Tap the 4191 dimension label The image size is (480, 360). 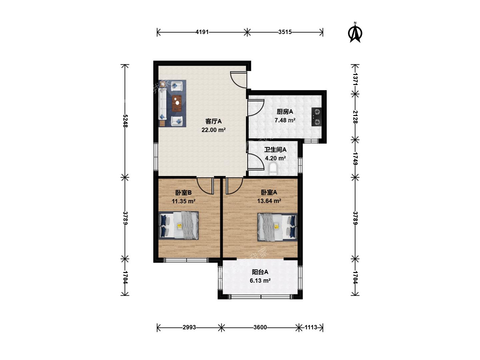pyautogui.click(x=202, y=32)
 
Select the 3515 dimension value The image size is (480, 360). pyautogui.click(x=285, y=32)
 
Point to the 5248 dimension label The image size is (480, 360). pyautogui.click(x=125, y=121)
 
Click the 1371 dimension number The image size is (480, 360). pyautogui.click(x=355, y=79)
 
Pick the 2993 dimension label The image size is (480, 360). pyautogui.click(x=189, y=327)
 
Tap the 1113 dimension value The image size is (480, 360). pyautogui.click(x=311, y=327)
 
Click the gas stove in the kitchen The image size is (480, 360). pyautogui.click(x=316, y=117)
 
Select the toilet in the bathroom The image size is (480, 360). pyautogui.click(x=273, y=169)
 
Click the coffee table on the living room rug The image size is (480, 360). pyautogui.click(x=177, y=103)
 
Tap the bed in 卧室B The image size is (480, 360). pyautogui.click(x=178, y=225)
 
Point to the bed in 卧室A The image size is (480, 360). pyautogui.click(x=277, y=227)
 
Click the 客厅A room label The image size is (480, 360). pyautogui.click(x=213, y=121)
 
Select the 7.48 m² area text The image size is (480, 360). pyautogui.click(x=285, y=120)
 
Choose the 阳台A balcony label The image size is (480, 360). pyautogui.click(x=260, y=272)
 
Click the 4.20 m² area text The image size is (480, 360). pyautogui.click(x=275, y=158)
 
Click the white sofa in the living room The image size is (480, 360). pyautogui.click(x=162, y=104)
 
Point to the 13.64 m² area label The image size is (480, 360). pyautogui.click(x=269, y=201)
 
